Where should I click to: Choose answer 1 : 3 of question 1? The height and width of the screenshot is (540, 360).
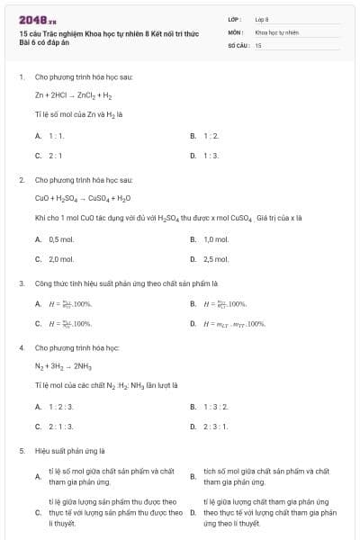coord(211,155)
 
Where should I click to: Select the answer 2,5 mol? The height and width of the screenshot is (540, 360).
coord(216,259)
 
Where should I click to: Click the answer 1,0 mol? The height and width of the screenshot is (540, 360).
coord(216,239)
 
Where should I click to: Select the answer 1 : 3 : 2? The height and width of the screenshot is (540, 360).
coord(216,407)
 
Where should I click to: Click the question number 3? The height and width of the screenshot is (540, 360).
coord(21,283)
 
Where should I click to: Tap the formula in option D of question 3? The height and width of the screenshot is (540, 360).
coord(234,323)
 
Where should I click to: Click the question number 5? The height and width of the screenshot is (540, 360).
coord(21,450)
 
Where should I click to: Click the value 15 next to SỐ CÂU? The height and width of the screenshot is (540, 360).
coord(258,44)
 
